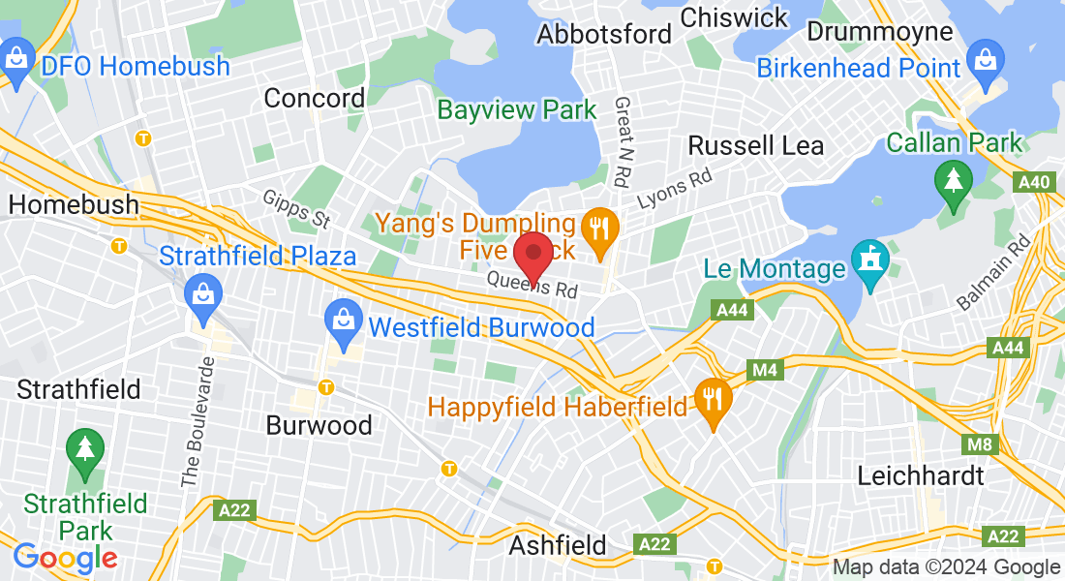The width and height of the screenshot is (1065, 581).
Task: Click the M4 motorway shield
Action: click(764, 369)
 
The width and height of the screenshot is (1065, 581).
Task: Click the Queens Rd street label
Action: click(532, 284)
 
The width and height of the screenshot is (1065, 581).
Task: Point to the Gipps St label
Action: click(296, 209)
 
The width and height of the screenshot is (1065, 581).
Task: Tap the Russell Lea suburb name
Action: click(755, 146)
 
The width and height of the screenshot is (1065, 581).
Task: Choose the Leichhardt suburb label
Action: click(921, 475)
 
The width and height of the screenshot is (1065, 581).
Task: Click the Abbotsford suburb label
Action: click(604, 34)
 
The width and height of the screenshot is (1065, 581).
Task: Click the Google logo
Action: click(65, 558)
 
